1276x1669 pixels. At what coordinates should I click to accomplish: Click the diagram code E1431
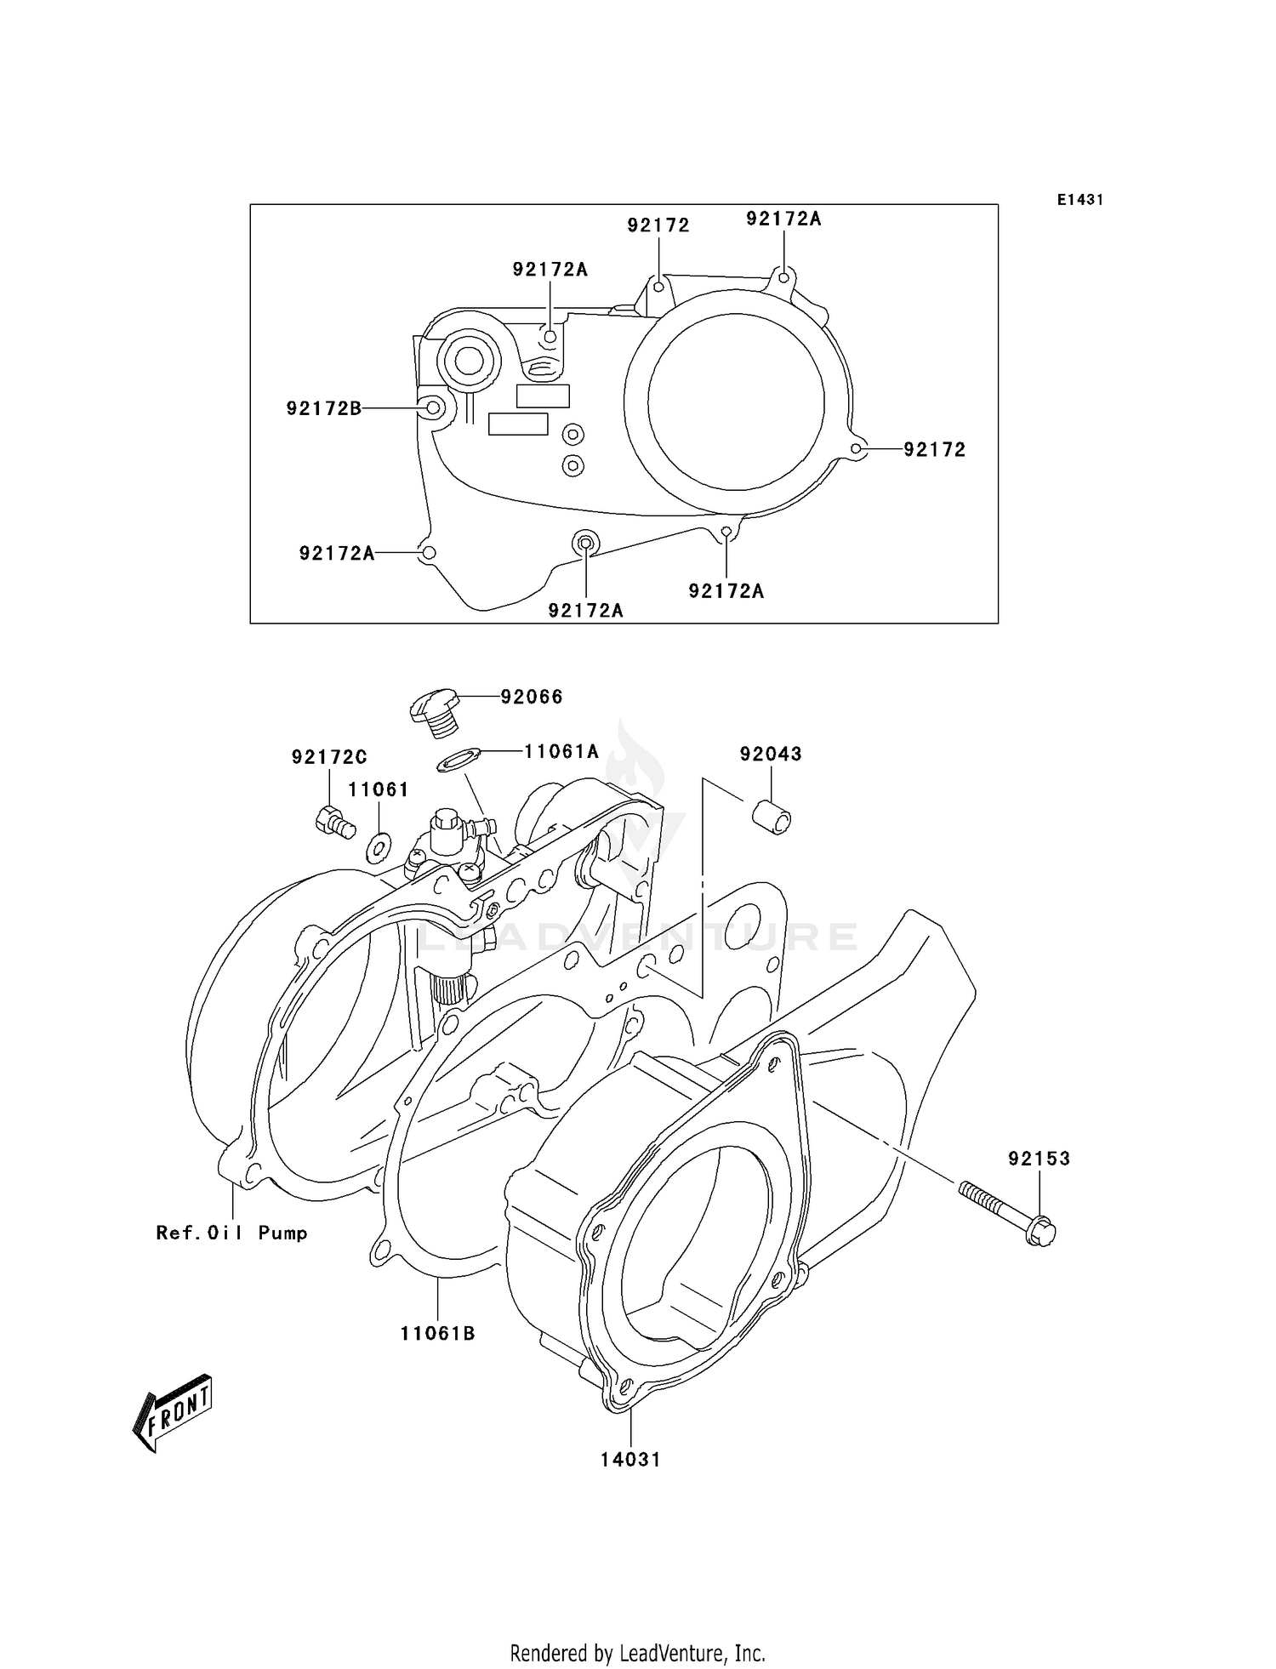[1080, 200]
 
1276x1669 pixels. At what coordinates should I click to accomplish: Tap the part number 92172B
[323, 408]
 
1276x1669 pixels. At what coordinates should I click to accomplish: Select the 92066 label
[532, 697]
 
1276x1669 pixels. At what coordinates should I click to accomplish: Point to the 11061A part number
[561, 751]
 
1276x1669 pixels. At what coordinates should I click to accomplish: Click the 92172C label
[329, 756]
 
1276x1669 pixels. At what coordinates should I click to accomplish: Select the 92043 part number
[771, 754]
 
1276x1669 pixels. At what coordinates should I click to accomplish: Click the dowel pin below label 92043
[772, 817]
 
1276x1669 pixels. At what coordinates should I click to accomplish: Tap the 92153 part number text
[1040, 1158]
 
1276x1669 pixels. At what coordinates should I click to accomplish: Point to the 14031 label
[630, 1459]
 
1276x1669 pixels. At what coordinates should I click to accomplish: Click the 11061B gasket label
[438, 1334]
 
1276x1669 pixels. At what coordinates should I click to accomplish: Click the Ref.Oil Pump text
[231, 1233]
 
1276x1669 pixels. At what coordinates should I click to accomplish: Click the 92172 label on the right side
[935, 449]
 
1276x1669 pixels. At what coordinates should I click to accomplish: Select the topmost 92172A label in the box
[783, 219]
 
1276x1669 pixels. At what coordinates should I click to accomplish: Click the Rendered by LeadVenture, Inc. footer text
[637, 1653]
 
